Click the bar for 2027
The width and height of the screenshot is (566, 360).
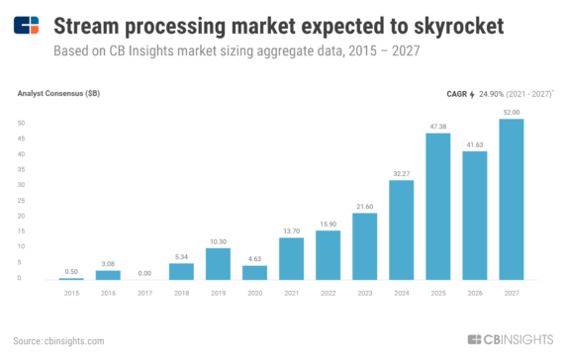[511, 200]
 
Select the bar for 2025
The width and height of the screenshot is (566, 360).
[437, 207]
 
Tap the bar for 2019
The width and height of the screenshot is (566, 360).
[218, 263]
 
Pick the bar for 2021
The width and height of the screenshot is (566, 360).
[291, 258]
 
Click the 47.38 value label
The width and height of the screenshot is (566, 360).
[437, 127]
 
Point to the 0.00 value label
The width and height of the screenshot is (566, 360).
[144, 272]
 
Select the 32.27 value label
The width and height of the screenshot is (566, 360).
[401, 173]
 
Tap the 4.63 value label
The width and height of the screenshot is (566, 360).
[254, 258]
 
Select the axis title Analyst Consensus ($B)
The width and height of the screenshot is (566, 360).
[58, 93]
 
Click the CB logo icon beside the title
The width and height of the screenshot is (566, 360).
[29, 25]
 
